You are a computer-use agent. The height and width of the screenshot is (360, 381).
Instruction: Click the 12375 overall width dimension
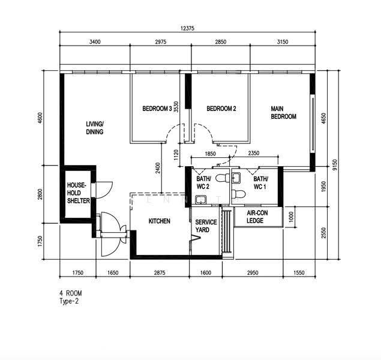pos(187,28)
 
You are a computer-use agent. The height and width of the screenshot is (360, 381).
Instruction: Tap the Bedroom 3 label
pos(157,109)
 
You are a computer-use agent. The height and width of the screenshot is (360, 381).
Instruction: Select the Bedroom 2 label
pos(221,109)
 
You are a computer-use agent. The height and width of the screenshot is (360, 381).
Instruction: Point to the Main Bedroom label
pos(283,112)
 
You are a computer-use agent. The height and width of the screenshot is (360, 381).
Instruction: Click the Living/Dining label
pos(95,128)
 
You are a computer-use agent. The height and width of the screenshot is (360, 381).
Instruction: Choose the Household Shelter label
pos(78,193)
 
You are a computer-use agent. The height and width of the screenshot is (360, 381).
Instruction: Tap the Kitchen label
pos(160,221)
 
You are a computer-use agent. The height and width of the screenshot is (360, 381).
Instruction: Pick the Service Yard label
pos(206,226)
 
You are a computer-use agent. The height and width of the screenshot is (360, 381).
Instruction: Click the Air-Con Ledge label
pos(257,217)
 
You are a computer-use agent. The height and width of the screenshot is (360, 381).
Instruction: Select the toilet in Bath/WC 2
pos(223,178)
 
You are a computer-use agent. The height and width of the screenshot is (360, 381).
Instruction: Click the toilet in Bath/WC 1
pos(238,194)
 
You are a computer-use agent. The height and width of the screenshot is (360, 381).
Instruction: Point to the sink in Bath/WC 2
pos(201,199)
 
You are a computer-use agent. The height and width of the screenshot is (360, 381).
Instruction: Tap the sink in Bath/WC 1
pos(236,178)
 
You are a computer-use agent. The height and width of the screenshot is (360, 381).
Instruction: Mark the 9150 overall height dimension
pos(335,165)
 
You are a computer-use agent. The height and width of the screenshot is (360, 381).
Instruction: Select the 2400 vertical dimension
pos(158,168)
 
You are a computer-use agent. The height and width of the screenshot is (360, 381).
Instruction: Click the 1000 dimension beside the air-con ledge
pos(292,217)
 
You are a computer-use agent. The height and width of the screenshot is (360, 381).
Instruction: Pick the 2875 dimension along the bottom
pos(160,273)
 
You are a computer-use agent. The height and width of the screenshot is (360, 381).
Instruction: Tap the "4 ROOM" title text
pos(71,293)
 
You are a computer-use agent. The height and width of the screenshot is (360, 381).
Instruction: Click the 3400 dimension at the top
pos(95,42)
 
